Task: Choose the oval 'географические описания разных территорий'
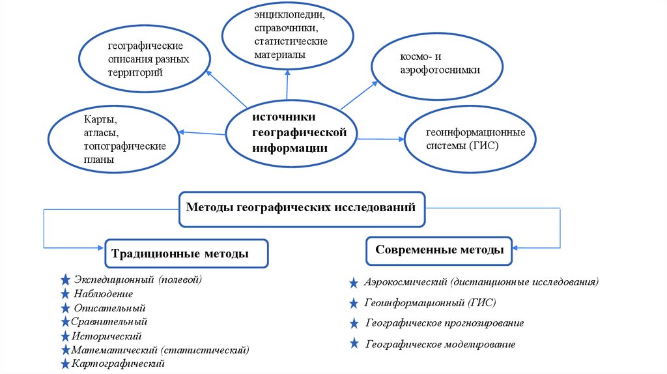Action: pyautogui.click(x=144, y=60)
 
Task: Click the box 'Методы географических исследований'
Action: pyautogui.click(x=302, y=209)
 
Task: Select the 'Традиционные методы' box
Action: pyautogui.click(x=187, y=253)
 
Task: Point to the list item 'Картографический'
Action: pyautogui.click(x=119, y=363)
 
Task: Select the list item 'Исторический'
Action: pyautogui.click(x=107, y=336)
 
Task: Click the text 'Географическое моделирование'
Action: pyautogui.click(x=440, y=343)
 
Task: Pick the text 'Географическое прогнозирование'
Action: pyautogui.click(x=444, y=323)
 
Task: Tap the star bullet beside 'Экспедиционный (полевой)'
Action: pyautogui.click(x=65, y=280)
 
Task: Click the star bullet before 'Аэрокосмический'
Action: pyautogui.click(x=353, y=283)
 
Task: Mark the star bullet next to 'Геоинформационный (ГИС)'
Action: pyautogui.click(x=353, y=303)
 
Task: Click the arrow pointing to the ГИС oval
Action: pyautogui.click(x=381, y=139)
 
